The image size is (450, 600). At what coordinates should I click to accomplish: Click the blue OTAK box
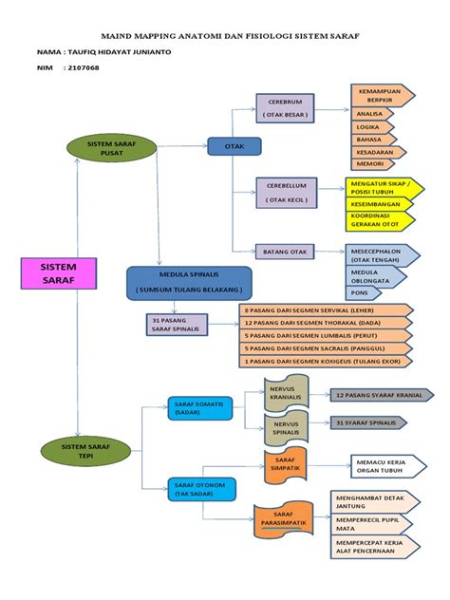(234, 146)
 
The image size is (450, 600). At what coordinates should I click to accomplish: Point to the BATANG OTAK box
(284, 252)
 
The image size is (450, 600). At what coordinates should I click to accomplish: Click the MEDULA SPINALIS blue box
(188, 282)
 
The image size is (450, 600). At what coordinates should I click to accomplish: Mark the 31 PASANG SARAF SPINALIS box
(178, 324)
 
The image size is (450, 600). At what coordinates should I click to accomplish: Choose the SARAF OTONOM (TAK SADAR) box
(201, 488)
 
